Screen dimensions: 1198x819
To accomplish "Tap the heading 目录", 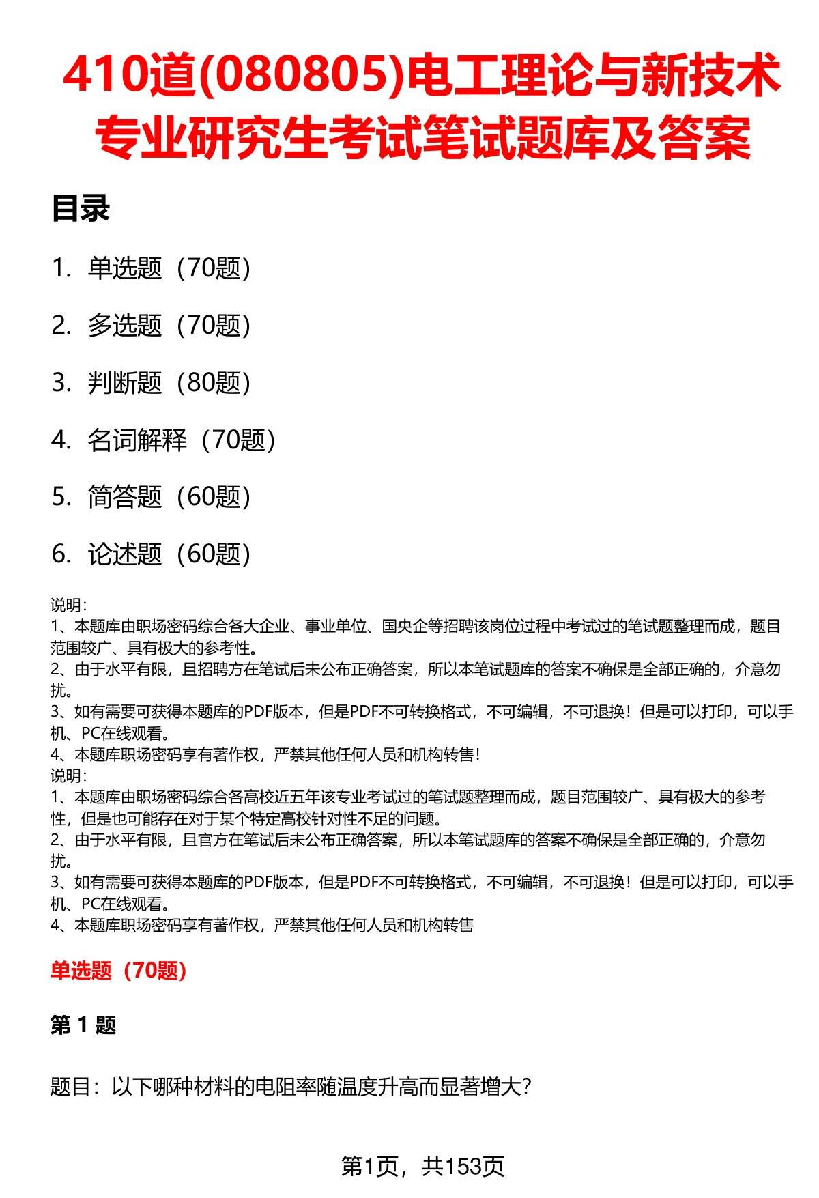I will (x=81, y=209).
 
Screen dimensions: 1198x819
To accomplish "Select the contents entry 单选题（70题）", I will (x=169, y=268).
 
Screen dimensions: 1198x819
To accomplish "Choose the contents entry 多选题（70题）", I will (x=169, y=326).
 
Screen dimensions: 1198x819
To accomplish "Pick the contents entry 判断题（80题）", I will (x=169, y=383).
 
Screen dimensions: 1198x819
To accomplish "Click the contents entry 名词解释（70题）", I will (x=182, y=440).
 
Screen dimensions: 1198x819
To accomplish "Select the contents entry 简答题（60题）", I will (x=169, y=497).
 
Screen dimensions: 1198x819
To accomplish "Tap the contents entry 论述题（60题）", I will (x=169, y=554).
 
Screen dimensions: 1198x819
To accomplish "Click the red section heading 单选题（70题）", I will (x=119, y=971).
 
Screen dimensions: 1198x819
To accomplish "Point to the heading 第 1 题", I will (x=83, y=1025).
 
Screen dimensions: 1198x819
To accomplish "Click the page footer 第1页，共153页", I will (x=422, y=1167).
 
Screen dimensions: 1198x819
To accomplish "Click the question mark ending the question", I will (x=525, y=1086).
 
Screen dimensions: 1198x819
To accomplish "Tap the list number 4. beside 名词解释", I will (x=61, y=440).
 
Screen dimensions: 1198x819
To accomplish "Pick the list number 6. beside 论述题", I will (x=61, y=554).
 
